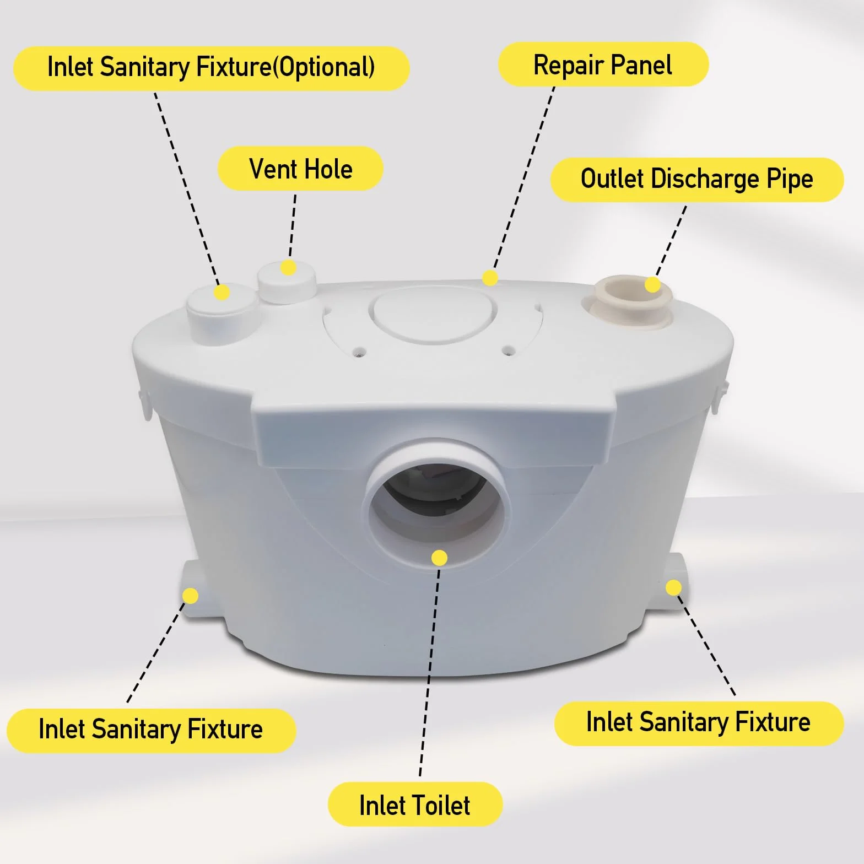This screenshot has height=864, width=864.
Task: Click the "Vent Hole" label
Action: (x=300, y=169)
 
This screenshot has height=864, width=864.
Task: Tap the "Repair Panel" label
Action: (x=603, y=64)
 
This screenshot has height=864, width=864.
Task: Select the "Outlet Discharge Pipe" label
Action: (x=697, y=179)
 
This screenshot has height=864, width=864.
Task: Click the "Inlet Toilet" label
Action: (x=415, y=804)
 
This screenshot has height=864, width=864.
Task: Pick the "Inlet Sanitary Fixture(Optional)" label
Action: (x=212, y=68)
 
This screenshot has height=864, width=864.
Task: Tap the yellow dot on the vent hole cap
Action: (x=288, y=268)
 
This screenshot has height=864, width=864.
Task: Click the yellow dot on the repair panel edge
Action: (x=490, y=278)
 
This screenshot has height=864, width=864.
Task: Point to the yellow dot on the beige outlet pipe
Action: (x=652, y=284)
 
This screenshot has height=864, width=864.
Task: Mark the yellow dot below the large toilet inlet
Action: (x=439, y=558)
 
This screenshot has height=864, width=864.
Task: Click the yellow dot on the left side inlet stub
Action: (x=190, y=596)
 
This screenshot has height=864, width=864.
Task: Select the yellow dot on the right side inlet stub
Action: (x=673, y=588)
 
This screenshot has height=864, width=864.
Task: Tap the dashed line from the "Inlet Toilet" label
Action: (x=430, y=671)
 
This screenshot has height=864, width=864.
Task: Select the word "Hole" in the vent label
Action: (x=328, y=169)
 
